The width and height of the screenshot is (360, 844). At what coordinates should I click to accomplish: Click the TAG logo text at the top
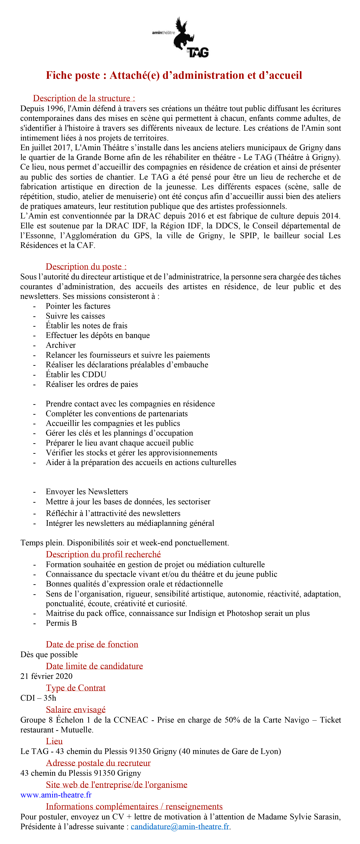click(x=198, y=52)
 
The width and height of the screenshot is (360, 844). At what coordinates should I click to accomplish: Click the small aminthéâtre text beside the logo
click(x=163, y=33)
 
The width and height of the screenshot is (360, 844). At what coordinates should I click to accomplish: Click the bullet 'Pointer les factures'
click(x=78, y=306)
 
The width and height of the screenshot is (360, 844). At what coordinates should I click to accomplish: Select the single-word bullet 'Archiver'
click(x=61, y=345)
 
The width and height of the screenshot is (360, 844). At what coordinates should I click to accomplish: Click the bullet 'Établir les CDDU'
click(x=76, y=374)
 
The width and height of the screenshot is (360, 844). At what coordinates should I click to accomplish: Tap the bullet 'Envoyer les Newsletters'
click(x=87, y=491)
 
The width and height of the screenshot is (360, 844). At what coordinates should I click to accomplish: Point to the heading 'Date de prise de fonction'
click(x=92, y=644)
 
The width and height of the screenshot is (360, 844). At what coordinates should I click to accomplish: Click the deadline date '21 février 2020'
click(x=46, y=676)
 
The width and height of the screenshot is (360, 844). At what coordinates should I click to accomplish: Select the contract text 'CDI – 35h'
click(x=38, y=698)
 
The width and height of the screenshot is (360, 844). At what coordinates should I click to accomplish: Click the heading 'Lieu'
click(x=54, y=741)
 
